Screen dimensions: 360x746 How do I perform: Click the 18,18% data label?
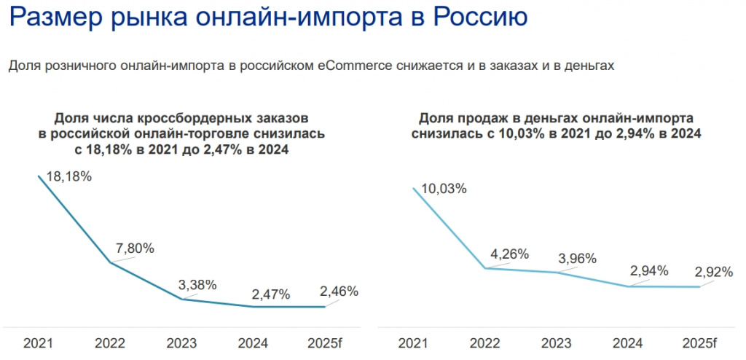tap(68, 176)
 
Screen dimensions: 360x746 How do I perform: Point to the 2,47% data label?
tap(271, 294)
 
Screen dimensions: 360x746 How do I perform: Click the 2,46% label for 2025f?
tap(339, 291)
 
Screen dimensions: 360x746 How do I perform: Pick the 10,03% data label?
tap(444, 189)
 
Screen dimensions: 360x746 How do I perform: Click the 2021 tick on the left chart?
tap(38, 343)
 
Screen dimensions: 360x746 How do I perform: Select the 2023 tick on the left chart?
tap(181, 343)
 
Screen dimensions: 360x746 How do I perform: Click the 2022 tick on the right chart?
tap(484, 343)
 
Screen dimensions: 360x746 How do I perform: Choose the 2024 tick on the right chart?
tap(627, 343)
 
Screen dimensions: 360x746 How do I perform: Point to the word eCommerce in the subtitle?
tap(356, 66)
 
